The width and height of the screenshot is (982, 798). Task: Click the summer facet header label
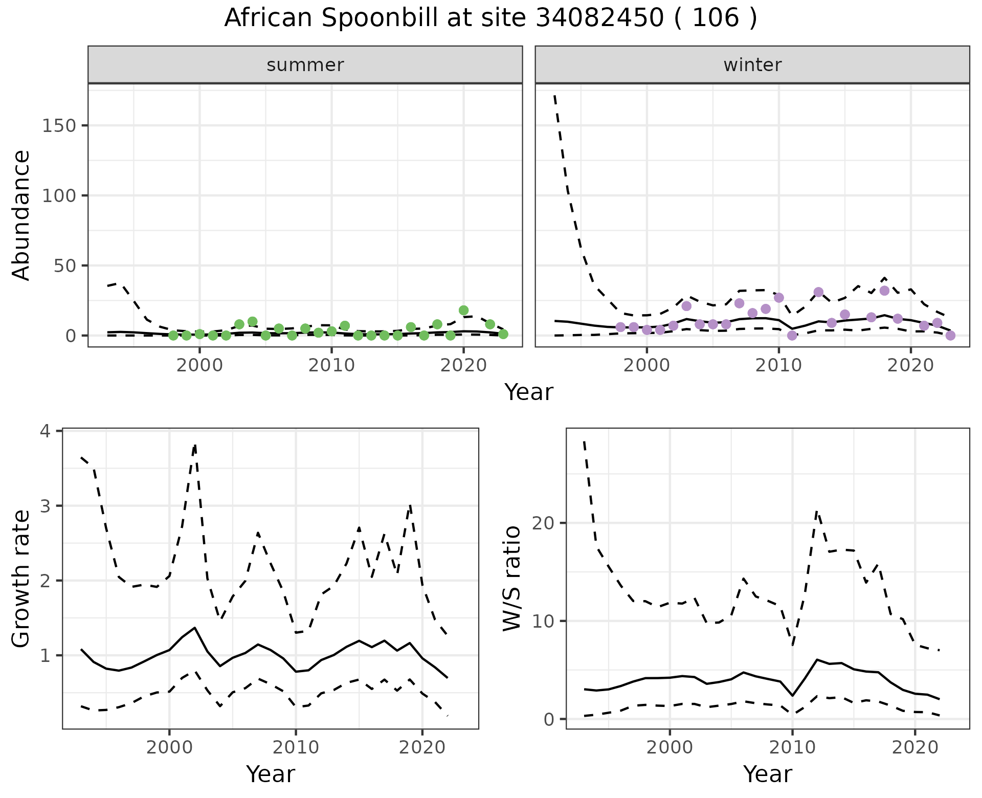click(305, 65)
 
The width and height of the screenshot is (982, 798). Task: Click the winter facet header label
click(752, 65)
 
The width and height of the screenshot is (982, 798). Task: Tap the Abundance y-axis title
click(21, 215)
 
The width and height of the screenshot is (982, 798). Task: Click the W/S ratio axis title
click(512, 579)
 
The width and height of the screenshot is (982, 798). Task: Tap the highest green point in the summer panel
click(464, 311)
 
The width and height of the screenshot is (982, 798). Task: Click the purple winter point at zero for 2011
click(792, 336)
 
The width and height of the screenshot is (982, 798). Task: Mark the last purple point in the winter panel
click(950, 336)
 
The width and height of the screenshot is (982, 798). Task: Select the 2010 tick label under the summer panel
click(331, 366)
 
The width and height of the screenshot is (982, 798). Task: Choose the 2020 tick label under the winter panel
click(910, 366)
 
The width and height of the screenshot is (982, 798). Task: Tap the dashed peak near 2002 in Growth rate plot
click(195, 446)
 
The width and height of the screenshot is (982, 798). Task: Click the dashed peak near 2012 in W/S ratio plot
click(817, 512)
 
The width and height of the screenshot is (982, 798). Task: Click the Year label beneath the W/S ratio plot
click(767, 774)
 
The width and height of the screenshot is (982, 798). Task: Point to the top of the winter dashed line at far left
click(555, 96)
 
